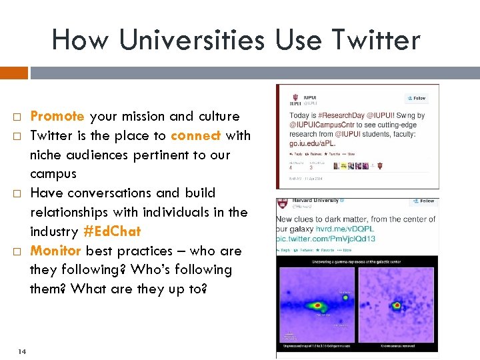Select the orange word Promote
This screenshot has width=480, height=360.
click(57, 116)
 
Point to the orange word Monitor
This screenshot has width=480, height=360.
click(57, 251)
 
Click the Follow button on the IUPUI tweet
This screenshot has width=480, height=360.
click(417, 98)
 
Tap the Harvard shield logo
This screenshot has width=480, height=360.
click(283, 203)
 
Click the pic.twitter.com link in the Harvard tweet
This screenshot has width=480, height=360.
click(326, 239)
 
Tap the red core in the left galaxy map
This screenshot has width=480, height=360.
click(319, 305)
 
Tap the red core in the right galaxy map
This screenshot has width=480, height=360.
click(396, 307)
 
